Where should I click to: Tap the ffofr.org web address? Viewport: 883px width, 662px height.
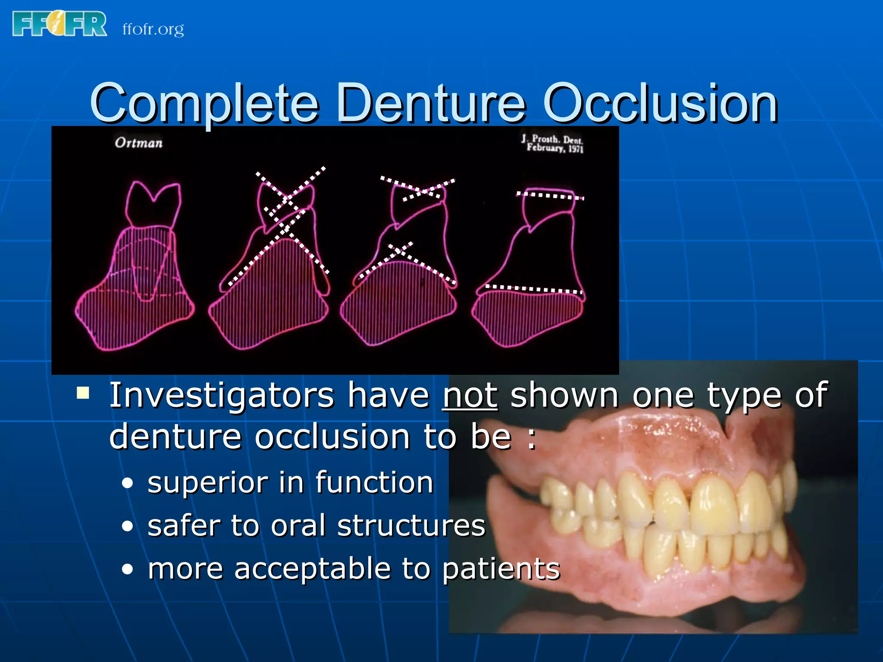coord(153,29)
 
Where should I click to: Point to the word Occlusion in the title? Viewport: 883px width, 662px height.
coord(660,104)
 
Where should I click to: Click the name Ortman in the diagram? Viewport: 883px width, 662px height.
coord(139,143)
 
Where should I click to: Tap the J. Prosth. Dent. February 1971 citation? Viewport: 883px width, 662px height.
coord(553,144)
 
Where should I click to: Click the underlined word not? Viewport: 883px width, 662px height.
coord(470,395)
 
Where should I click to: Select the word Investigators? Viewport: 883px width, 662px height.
coord(221,396)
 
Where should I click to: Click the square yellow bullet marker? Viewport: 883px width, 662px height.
coord(83,393)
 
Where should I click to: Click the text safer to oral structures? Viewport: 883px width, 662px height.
coord(316,526)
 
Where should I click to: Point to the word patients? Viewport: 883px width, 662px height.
coord(501,569)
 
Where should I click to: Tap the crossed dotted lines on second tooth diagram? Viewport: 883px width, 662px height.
coord(287,203)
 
